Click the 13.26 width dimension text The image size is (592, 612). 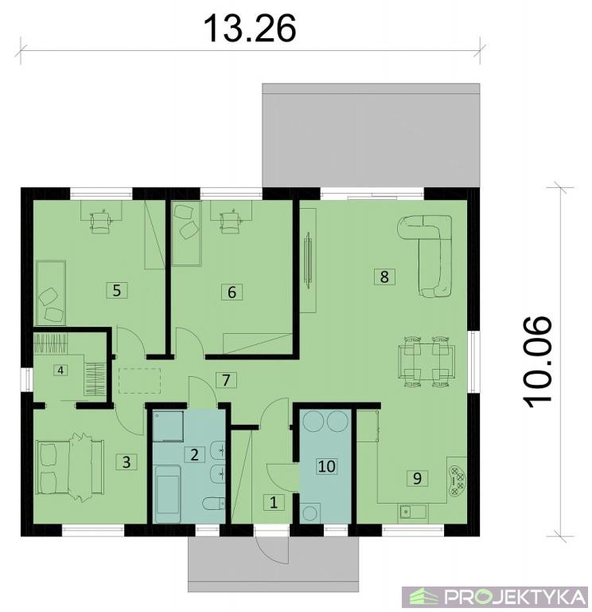click(x=250, y=29)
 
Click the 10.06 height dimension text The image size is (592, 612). click(x=538, y=363)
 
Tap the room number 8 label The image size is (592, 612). click(x=384, y=277)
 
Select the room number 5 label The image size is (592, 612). click(x=117, y=290)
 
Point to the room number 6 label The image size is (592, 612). click(x=232, y=292)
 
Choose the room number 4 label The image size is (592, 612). click(x=60, y=370)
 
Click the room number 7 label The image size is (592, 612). click(x=226, y=380)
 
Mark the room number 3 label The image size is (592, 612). click(x=127, y=462)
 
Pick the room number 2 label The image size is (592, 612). click(x=194, y=454)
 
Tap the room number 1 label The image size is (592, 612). click(x=274, y=502)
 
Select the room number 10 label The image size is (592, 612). click(x=326, y=466)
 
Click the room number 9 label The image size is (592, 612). click(x=417, y=478)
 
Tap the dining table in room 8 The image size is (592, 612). click(x=426, y=362)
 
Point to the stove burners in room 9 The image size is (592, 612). click(x=457, y=481)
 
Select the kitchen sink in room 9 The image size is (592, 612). click(x=412, y=512)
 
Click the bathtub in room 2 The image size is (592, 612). click(x=168, y=494)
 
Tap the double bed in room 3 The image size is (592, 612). click(x=70, y=467)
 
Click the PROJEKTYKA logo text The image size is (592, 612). click(x=516, y=597)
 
